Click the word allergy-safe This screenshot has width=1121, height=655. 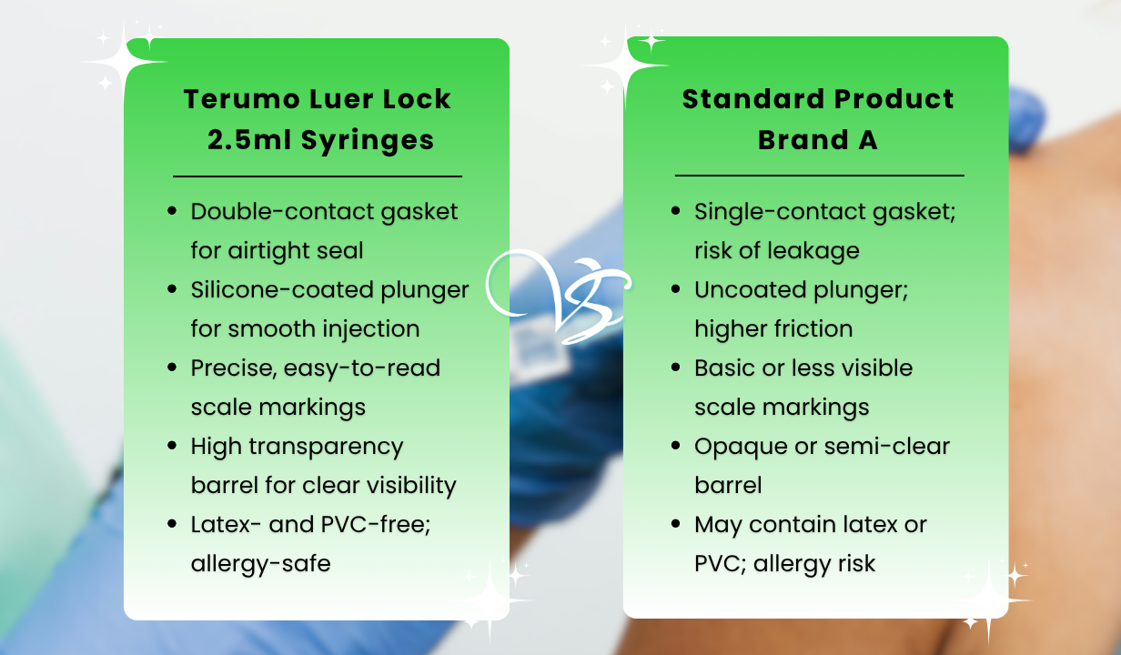point(260,564)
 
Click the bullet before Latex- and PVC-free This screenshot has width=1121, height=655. point(172,525)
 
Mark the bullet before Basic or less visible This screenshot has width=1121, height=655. point(676,368)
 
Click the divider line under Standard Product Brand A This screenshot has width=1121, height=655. point(819,176)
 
